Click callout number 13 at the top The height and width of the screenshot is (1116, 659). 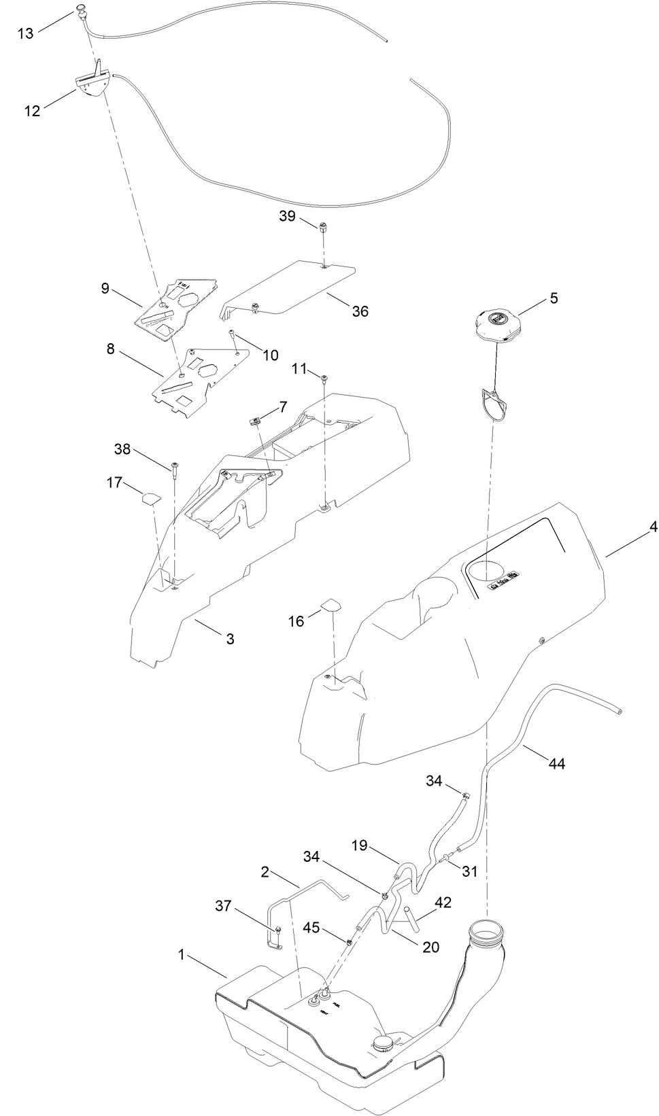(25, 33)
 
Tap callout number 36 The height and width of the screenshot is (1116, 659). (360, 311)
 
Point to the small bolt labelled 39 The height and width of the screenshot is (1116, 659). (322, 226)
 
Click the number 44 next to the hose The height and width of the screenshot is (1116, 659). (556, 764)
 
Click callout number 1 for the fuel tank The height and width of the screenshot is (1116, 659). (182, 955)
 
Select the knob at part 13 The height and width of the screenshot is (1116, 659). (82, 10)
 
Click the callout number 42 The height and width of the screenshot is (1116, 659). (443, 903)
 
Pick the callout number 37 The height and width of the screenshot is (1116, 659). (224, 905)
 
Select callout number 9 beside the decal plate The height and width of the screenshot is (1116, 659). (105, 288)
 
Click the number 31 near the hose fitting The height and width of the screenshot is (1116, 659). (470, 871)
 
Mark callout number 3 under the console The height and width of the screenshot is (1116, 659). (230, 639)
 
